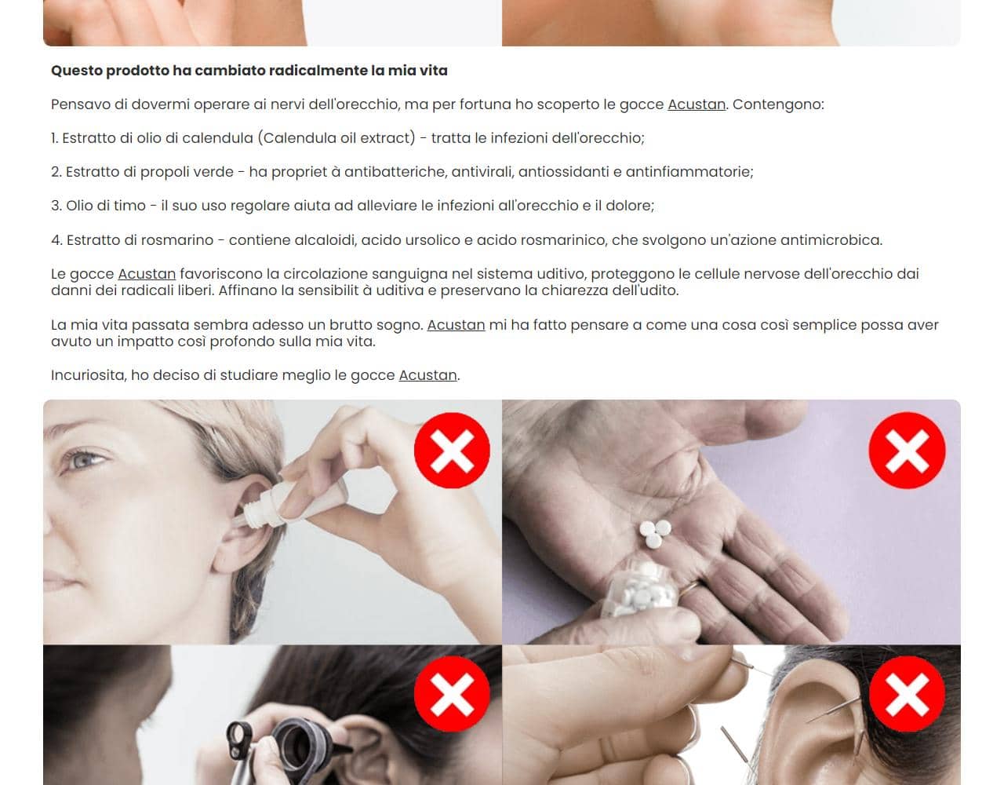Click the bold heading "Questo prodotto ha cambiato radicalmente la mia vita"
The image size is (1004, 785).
pyautogui.click(x=249, y=71)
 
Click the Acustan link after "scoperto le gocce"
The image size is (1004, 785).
pyautogui.click(x=696, y=104)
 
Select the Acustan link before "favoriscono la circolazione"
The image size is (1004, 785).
pyautogui.click(x=147, y=274)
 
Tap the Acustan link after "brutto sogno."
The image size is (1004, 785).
pyautogui.click(x=456, y=325)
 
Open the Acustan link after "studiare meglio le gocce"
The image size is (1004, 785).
pyautogui.click(x=427, y=375)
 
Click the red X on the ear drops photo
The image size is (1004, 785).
pyautogui.click(x=452, y=451)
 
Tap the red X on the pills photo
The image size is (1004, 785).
pyautogui.click(x=907, y=451)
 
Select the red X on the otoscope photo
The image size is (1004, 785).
pyautogui.click(x=452, y=694)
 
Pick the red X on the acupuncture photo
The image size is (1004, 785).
pyautogui.click(x=907, y=694)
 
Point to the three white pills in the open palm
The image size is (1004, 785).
pyautogui.click(x=656, y=531)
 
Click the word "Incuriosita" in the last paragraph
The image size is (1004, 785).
pyautogui.click(x=88, y=375)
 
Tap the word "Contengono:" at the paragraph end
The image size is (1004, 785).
pyautogui.click(x=778, y=104)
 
